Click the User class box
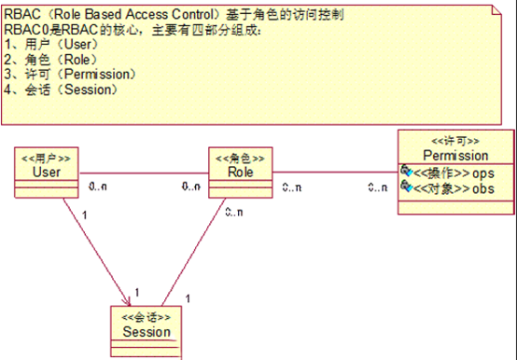[x=47, y=169]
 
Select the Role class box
[x=241, y=169]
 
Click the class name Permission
[x=455, y=155]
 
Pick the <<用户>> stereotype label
[x=47, y=157]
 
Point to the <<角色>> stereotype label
[x=241, y=157]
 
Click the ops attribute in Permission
[x=482, y=173]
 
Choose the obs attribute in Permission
[x=482, y=188]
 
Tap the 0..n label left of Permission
[x=378, y=187]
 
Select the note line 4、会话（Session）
[x=62, y=90]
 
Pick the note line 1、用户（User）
[x=52, y=44]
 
